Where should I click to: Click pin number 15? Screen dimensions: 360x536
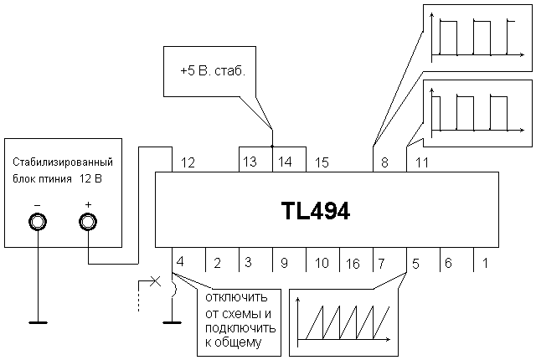click(322, 162)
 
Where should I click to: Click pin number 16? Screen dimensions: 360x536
click(352, 263)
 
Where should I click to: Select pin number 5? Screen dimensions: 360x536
click(416, 262)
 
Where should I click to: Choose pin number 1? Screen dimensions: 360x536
click(485, 262)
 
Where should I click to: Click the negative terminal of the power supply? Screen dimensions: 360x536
click(38, 222)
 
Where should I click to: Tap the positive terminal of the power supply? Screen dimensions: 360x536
click(88, 222)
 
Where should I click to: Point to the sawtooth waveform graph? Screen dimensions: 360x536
click(343, 317)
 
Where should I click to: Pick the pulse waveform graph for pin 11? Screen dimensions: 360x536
click(474, 109)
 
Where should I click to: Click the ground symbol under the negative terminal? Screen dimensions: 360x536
click(38, 320)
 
